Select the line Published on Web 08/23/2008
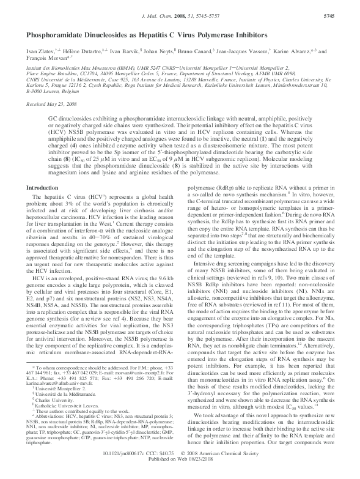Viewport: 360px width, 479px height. click(179, 471)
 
